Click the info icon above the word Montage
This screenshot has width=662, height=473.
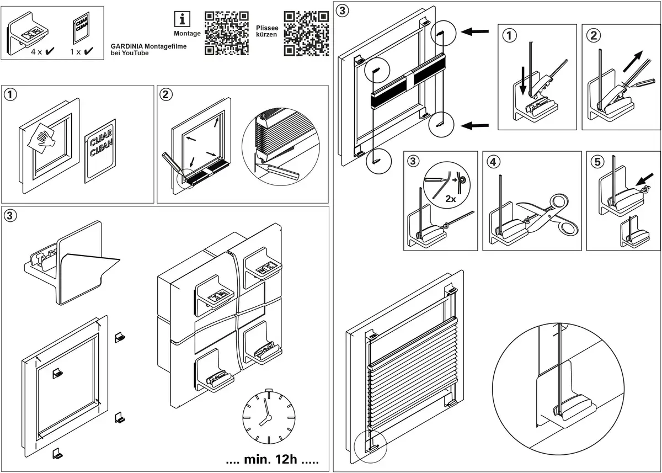(x=183, y=19)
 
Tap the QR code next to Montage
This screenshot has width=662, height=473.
(x=226, y=33)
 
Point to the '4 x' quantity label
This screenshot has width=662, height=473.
(x=36, y=51)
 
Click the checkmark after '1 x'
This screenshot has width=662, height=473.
(x=88, y=51)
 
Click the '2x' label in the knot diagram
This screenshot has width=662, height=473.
(x=451, y=199)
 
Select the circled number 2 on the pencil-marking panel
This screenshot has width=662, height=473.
(x=165, y=94)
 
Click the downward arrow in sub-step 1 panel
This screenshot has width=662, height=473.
(x=523, y=80)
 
